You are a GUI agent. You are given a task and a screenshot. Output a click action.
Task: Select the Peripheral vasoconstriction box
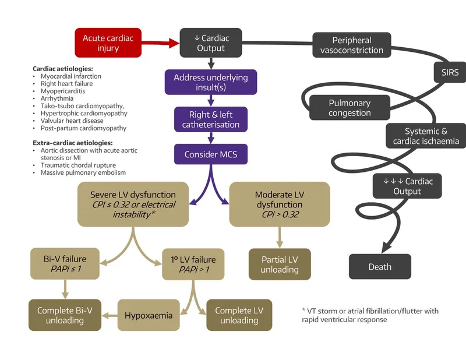(x=352, y=45)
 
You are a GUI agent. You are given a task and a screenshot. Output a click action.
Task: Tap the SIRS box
(x=450, y=73)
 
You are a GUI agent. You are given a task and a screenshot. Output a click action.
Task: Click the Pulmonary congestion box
(x=349, y=108)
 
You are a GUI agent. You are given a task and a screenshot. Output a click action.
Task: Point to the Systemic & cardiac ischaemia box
(x=426, y=136)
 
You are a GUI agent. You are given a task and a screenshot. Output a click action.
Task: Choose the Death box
(x=380, y=267)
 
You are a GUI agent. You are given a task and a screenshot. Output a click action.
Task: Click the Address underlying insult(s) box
(x=210, y=83)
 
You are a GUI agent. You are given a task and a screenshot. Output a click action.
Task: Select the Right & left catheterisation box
(x=210, y=119)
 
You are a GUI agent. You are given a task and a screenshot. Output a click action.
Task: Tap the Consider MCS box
(x=210, y=154)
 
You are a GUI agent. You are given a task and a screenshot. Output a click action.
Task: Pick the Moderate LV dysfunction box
(x=279, y=204)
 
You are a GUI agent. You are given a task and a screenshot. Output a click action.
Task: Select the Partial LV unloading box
(x=280, y=264)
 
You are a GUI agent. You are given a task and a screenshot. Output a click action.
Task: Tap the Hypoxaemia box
(x=149, y=315)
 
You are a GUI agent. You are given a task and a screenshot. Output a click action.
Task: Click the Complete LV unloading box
(x=239, y=315)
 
